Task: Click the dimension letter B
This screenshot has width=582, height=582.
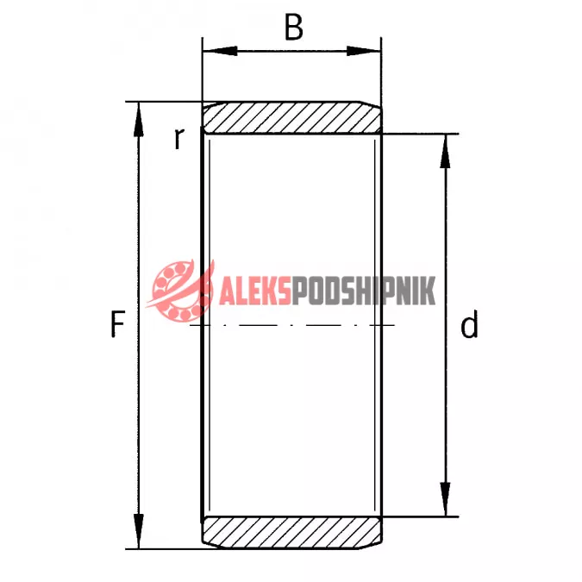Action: click(294, 27)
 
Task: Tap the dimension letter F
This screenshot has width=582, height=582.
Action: click(117, 324)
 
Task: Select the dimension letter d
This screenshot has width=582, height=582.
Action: click(469, 325)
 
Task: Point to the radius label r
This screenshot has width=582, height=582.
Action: click(178, 139)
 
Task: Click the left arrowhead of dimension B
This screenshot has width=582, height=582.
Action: click(220, 51)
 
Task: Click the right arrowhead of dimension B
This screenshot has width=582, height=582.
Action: click(364, 51)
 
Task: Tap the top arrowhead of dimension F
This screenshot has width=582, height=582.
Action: click(139, 120)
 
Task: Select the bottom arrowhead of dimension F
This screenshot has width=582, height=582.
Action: click(139, 531)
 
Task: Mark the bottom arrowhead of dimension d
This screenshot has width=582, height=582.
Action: click(446, 499)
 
